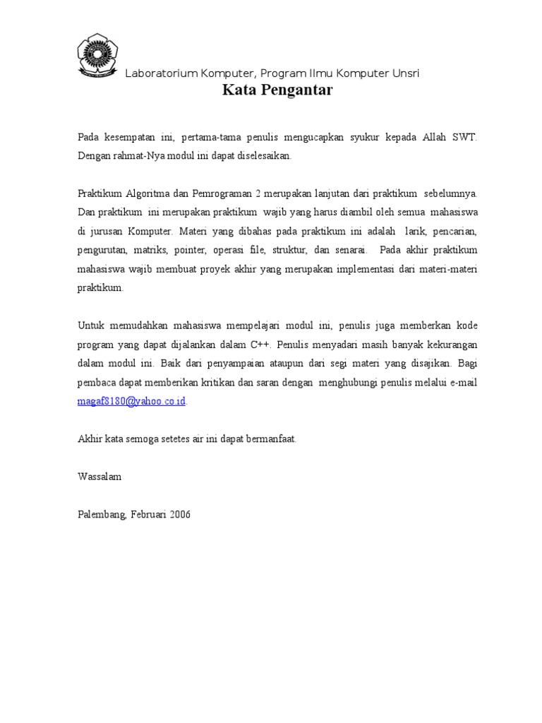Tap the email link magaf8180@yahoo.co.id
(x=132, y=401)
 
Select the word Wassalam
(x=100, y=477)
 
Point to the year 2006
(x=179, y=515)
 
